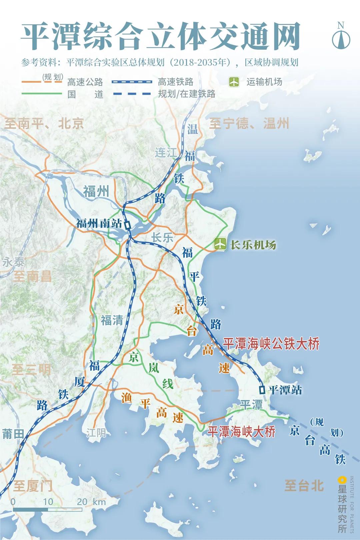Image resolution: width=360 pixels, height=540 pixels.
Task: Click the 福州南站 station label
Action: [99, 223]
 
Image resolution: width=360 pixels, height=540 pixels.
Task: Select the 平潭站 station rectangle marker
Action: [262, 389]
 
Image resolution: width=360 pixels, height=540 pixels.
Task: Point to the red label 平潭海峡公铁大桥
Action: [271, 344]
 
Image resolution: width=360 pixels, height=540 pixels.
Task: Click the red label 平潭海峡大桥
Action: [241, 432]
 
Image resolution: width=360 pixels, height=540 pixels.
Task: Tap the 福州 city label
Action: [96, 192]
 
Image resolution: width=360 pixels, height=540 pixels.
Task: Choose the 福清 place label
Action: [112, 320]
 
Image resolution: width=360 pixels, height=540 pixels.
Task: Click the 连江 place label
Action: [166, 153]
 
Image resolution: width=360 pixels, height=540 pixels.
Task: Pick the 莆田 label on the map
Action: [13, 434]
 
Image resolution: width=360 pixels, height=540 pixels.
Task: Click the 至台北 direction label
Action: [304, 486]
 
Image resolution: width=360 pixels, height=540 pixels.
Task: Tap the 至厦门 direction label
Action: [33, 486]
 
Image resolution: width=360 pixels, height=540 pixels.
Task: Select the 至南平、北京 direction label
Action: [44, 124]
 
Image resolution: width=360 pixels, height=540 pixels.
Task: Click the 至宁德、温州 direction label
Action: [249, 124]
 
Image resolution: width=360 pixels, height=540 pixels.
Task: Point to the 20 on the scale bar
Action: [82, 502]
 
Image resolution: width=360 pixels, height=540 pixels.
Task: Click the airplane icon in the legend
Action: [234, 82]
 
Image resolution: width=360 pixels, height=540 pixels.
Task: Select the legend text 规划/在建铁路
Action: [186, 94]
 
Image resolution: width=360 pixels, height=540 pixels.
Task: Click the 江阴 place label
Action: [96, 433]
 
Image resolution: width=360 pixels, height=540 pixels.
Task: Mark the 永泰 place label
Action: [13, 262]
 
